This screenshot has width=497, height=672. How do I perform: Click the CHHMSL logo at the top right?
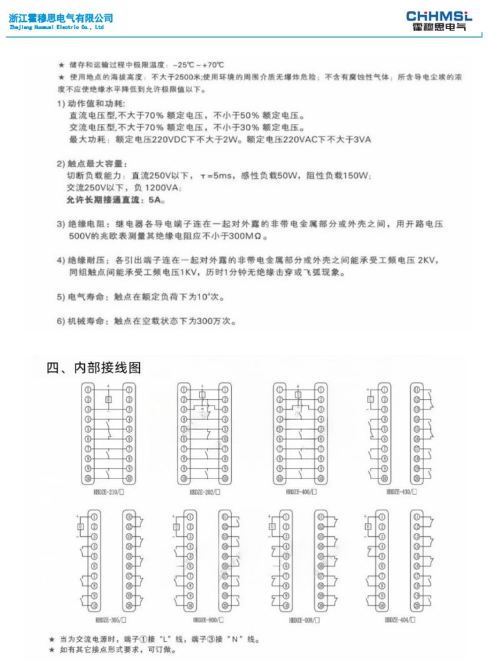point(439,21)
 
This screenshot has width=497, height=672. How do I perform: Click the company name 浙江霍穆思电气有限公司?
point(61,18)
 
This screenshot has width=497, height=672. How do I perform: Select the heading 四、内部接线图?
point(93,368)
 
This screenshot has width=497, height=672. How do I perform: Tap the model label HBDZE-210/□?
point(109,492)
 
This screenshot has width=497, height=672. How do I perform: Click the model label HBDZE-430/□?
point(400,492)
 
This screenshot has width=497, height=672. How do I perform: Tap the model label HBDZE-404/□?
point(400,619)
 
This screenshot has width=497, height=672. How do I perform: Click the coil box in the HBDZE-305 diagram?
point(81,528)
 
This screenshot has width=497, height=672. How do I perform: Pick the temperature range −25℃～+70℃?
point(197,65)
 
